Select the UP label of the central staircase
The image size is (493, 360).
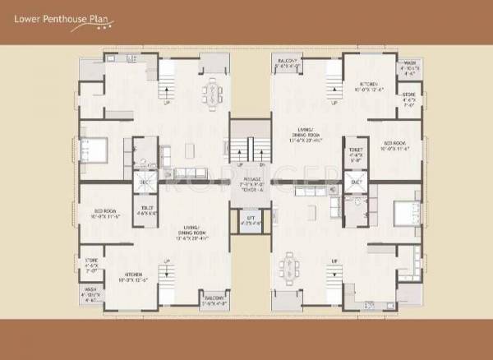[241, 164]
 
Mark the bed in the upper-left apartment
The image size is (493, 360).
[92, 150]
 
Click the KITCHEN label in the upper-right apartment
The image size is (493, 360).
[367, 84]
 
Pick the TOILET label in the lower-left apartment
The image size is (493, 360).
[148, 208]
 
